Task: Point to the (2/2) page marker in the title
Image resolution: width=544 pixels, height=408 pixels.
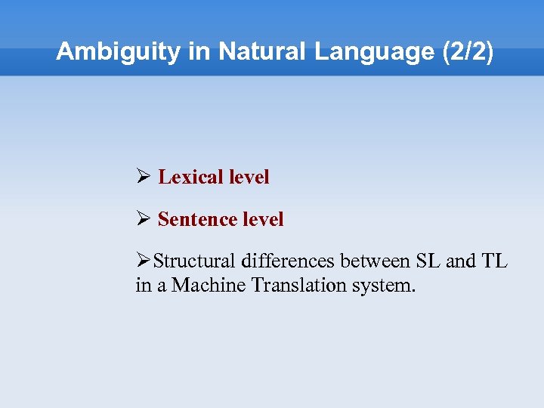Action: tap(466, 52)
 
